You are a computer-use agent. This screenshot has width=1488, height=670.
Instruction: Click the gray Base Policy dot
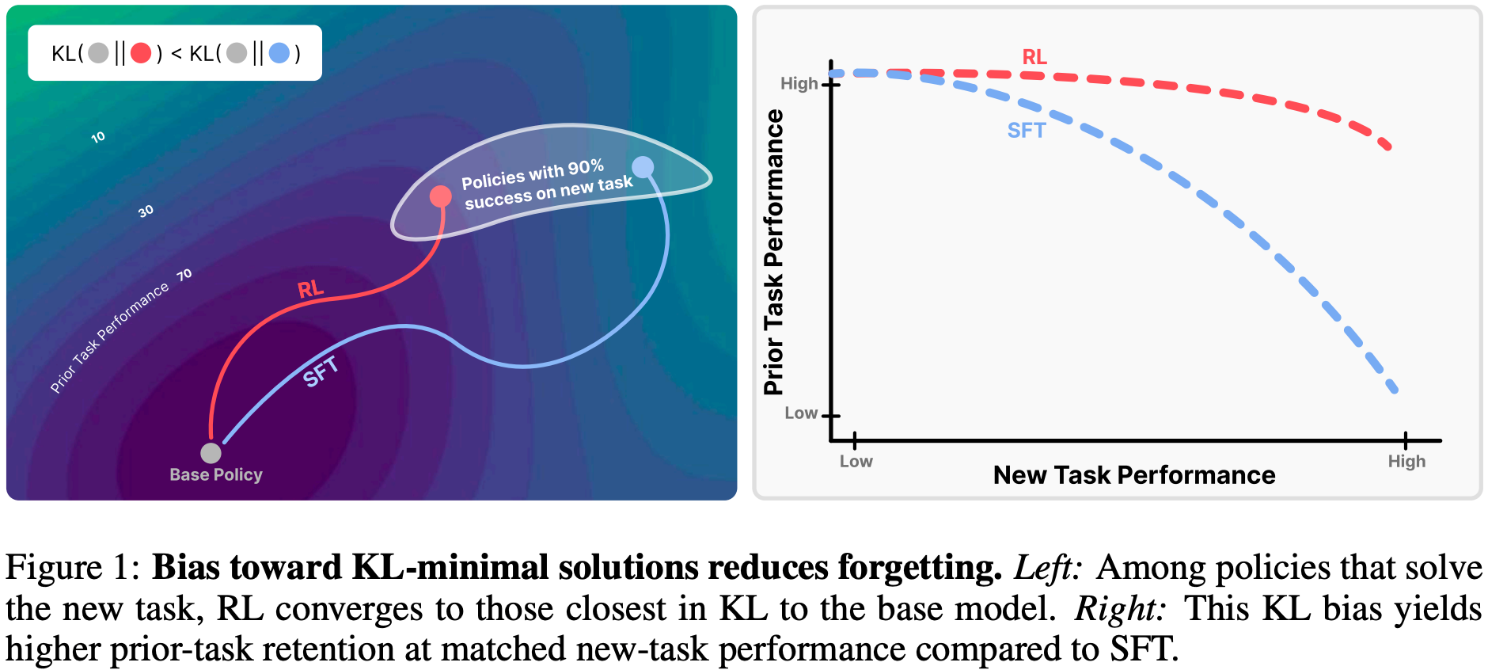[x=211, y=453]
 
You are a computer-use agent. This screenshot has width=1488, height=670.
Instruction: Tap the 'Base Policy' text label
[x=216, y=474]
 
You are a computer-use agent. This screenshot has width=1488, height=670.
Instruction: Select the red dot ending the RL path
[x=441, y=196]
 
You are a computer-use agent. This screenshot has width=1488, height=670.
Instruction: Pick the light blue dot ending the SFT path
[x=643, y=167]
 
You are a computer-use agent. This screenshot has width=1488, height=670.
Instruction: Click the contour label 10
[x=98, y=137]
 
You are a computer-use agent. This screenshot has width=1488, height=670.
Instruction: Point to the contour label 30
[x=146, y=211]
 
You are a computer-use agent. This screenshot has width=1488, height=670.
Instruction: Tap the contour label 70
[x=184, y=275]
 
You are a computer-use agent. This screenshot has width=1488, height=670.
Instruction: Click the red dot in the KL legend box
[x=141, y=53]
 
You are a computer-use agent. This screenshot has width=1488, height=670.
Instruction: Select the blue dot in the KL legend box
[x=279, y=53]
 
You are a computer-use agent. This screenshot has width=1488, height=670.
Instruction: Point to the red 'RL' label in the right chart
[x=1034, y=57]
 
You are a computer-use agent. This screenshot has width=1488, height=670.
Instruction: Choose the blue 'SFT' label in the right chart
[x=1027, y=130]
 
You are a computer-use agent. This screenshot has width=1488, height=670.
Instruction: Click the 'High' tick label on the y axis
[x=799, y=83]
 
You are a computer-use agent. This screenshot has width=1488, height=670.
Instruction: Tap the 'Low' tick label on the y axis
[x=801, y=413]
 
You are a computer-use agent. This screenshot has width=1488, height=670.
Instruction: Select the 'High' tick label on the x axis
[x=1406, y=461]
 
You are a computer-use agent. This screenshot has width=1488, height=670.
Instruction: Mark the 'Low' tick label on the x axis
[x=856, y=461]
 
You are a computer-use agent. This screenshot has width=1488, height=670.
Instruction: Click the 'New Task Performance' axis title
[x=1134, y=475]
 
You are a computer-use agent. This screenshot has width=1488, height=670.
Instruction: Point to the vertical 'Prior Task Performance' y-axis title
[x=773, y=252]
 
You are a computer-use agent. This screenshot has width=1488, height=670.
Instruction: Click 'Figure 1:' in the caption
[x=74, y=567]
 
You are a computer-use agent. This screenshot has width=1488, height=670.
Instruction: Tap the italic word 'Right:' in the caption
[x=1121, y=608]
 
